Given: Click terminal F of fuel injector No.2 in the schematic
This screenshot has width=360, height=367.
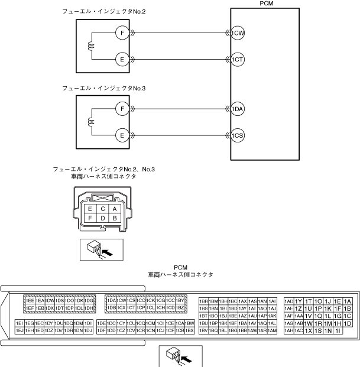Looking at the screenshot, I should [121, 33].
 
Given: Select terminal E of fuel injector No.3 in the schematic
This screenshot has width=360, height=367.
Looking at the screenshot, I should [121, 135].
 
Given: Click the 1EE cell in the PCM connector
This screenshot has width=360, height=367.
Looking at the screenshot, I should [29, 301].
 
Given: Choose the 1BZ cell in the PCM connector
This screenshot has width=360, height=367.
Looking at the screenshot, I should [181, 308].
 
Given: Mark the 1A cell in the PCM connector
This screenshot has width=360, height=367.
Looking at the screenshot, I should [348, 301].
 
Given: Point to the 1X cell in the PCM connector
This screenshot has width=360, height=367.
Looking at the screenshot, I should [308, 330].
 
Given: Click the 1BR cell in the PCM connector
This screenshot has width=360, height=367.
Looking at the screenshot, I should [203, 301].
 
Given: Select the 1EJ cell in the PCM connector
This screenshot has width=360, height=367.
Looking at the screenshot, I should [19, 330].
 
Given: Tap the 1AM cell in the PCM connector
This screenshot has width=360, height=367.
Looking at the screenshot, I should [272, 330].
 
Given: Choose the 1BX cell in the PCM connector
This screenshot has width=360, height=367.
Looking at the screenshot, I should [189, 330].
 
